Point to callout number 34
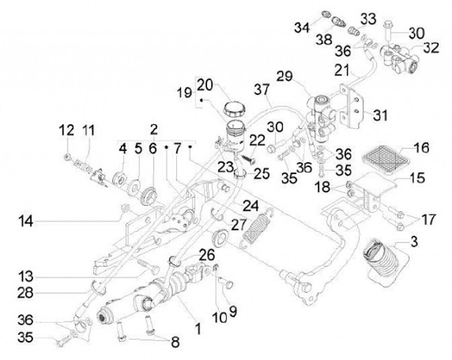[303, 27]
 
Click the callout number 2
[154, 129]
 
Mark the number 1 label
[198, 327]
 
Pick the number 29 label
[302, 75]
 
